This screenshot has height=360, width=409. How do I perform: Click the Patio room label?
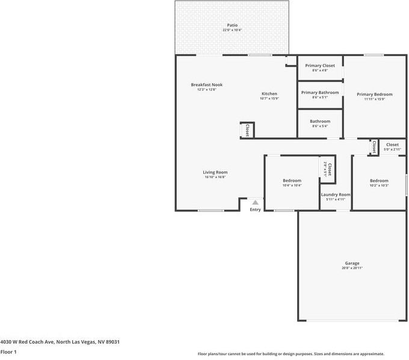[232, 25]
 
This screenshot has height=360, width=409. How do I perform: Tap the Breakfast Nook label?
[206, 85]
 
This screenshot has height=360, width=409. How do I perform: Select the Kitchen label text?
[269, 94]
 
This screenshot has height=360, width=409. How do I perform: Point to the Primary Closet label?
[320, 66]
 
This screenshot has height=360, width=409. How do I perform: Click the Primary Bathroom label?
[320, 93]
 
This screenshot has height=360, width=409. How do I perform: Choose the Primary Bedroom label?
[374, 95]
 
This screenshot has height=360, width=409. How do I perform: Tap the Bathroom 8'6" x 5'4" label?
[320, 122]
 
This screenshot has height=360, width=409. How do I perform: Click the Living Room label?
[215, 173]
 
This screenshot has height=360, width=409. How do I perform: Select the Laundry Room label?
[336, 195]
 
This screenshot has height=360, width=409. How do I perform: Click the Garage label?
[352, 263]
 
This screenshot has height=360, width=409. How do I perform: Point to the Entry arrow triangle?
[255, 203]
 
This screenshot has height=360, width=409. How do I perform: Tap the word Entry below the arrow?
[255, 209]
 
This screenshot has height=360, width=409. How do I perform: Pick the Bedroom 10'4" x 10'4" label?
[292, 181]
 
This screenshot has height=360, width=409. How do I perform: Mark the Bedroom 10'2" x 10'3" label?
[379, 181]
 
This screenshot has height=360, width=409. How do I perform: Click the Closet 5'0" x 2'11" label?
[392, 145]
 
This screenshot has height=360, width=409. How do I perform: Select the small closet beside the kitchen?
[247, 130]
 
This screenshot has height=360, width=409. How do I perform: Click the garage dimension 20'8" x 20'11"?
[352, 268]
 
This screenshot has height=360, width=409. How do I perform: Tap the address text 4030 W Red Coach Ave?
[60, 341]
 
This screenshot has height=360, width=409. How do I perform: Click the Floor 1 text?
[8, 352]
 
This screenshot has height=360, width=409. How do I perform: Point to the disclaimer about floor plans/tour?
[291, 354]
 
